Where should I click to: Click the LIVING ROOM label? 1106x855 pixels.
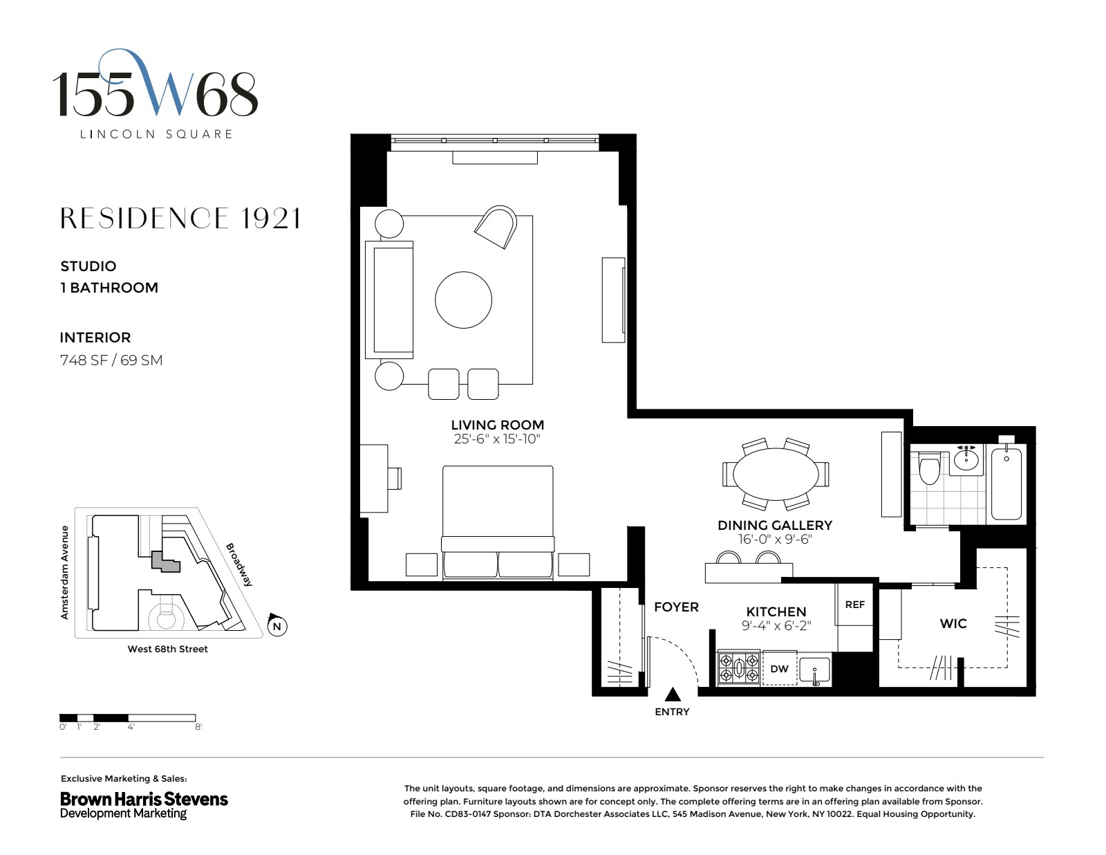[x=497, y=425]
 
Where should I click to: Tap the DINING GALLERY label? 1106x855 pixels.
[x=775, y=525]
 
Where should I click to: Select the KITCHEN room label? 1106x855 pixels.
[x=776, y=612]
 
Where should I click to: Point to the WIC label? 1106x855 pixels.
[x=953, y=623]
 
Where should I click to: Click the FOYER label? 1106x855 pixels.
[x=677, y=607]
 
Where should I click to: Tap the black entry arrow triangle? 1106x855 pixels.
[x=673, y=694]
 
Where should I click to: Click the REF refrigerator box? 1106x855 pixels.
[x=855, y=605]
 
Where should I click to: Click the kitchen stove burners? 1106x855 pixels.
[x=739, y=668]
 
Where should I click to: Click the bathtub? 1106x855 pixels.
[x=1006, y=484]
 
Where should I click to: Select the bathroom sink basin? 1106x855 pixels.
[x=966, y=460]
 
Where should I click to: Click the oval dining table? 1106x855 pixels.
[x=776, y=474]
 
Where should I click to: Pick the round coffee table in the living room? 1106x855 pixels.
[x=464, y=300]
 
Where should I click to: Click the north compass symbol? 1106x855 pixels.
[x=277, y=625]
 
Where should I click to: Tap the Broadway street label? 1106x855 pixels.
[x=239, y=564]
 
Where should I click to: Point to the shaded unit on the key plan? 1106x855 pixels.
[x=165, y=562]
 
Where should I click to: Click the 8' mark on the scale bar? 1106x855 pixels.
[x=198, y=727]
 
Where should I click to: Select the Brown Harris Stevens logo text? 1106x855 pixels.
[x=144, y=799]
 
